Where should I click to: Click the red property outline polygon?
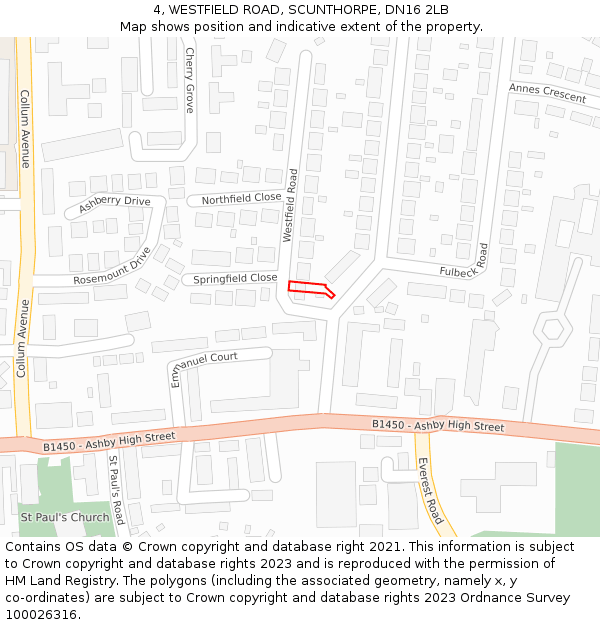tap(310, 289)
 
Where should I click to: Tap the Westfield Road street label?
tap(291, 205)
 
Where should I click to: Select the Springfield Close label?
tap(235, 278)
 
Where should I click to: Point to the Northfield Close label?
tap(241, 199)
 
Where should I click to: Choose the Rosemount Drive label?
tap(112, 267)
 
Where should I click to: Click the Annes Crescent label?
tap(547, 93)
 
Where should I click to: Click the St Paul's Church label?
tap(65, 517)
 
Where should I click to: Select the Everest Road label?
tap(430, 491)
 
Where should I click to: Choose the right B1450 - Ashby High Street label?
tap(438, 426)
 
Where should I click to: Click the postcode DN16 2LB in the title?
tap(416, 10)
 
